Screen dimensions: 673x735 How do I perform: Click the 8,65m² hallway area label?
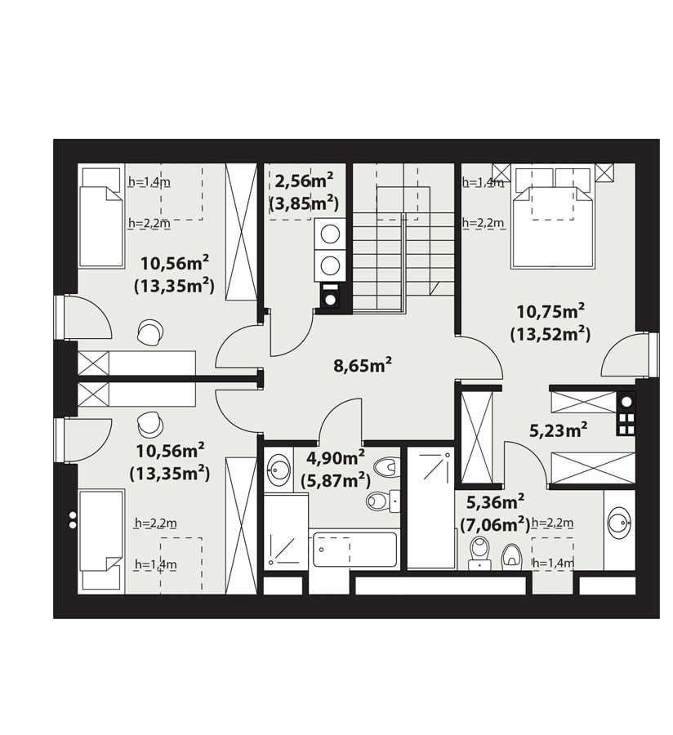point(363,365)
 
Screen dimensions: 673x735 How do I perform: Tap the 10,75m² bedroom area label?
point(550,311)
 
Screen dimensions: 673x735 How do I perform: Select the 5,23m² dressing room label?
point(558,430)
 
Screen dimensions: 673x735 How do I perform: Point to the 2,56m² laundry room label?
point(304,180)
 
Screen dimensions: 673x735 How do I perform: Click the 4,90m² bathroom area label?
point(336,457)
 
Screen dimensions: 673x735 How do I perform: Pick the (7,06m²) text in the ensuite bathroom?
point(495,525)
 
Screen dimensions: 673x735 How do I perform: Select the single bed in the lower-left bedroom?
point(101,541)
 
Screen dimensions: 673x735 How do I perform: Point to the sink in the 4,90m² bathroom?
point(278,469)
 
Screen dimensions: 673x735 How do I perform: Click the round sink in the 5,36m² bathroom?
point(619,523)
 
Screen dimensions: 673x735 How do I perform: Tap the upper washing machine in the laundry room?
point(331,234)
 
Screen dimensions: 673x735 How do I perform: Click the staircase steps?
point(403,261)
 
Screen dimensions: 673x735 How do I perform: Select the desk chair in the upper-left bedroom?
point(150,332)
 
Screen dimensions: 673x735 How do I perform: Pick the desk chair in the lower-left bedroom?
point(150,424)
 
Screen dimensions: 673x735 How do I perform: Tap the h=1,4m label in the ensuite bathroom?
point(554,563)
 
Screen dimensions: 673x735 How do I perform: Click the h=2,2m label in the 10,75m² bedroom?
point(484,223)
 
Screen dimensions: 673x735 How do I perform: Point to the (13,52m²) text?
point(550,335)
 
